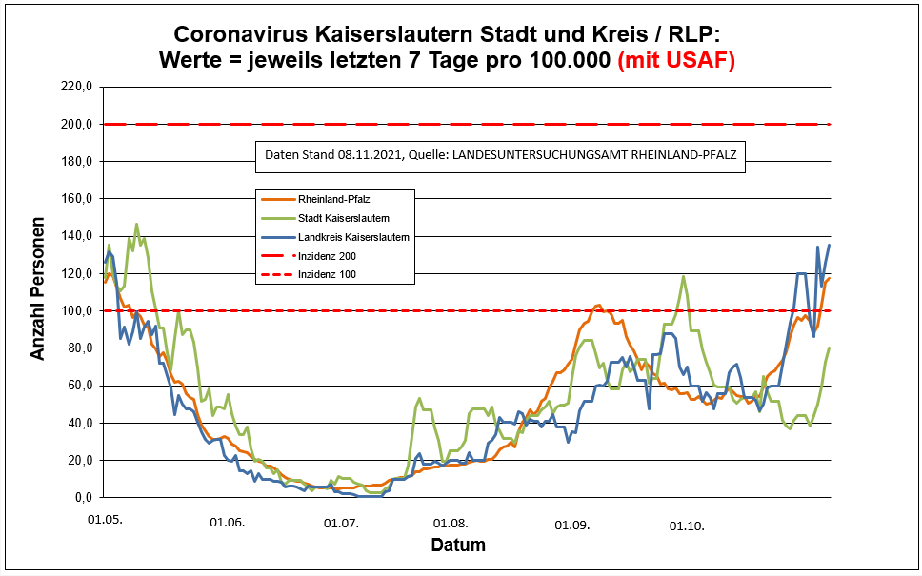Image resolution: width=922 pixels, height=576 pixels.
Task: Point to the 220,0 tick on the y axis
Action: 75,87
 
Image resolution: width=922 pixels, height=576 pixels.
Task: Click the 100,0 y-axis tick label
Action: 75,311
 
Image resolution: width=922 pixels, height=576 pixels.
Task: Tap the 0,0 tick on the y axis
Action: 81,498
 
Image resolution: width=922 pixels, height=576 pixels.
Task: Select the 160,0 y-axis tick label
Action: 75,199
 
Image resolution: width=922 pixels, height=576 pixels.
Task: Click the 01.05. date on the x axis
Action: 105,522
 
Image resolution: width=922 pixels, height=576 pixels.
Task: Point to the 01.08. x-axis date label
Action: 451,524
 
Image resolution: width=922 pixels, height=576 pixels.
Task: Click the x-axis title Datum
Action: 458,546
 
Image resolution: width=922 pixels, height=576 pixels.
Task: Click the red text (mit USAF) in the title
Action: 676,60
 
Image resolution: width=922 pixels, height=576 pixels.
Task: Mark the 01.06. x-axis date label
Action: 227,523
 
